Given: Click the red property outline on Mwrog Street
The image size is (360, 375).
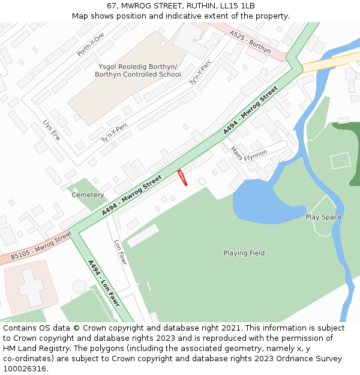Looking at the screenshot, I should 182,178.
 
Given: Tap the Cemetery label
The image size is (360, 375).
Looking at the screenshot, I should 88,195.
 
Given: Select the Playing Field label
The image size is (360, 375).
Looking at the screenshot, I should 244,253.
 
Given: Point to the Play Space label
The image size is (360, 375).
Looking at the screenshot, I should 323,217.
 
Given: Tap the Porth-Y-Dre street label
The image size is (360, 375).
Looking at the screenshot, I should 91,44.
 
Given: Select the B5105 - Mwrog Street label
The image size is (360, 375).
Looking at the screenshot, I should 41,247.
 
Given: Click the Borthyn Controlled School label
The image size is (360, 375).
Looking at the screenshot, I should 137,75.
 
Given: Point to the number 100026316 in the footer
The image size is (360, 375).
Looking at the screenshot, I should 25,369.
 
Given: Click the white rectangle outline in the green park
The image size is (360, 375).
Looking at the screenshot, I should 340,160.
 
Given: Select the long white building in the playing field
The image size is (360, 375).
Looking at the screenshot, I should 143,235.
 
